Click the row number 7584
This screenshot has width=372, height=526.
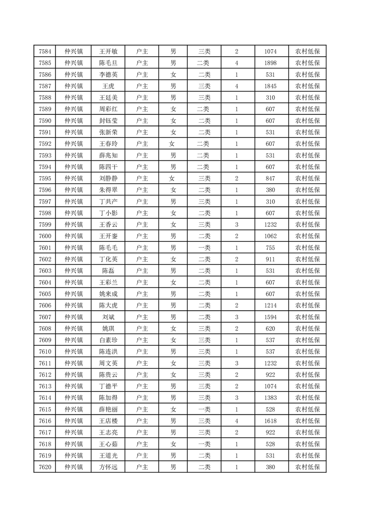click(x=45, y=52)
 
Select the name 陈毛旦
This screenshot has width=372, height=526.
click(x=108, y=63)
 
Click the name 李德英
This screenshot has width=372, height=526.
click(x=108, y=75)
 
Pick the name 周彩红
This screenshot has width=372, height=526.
click(x=108, y=109)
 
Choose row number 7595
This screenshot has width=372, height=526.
click(x=45, y=179)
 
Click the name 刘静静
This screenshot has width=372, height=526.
click(x=108, y=179)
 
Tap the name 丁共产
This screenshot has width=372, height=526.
click(x=108, y=202)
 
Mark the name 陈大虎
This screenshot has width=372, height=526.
click(x=108, y=305)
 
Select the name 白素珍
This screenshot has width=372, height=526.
click(x=108, y=340)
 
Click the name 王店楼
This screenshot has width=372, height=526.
click(x=108, y=421)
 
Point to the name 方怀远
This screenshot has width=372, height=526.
click(x=108, y=467)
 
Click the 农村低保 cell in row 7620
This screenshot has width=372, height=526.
click(x=307, y=467)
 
